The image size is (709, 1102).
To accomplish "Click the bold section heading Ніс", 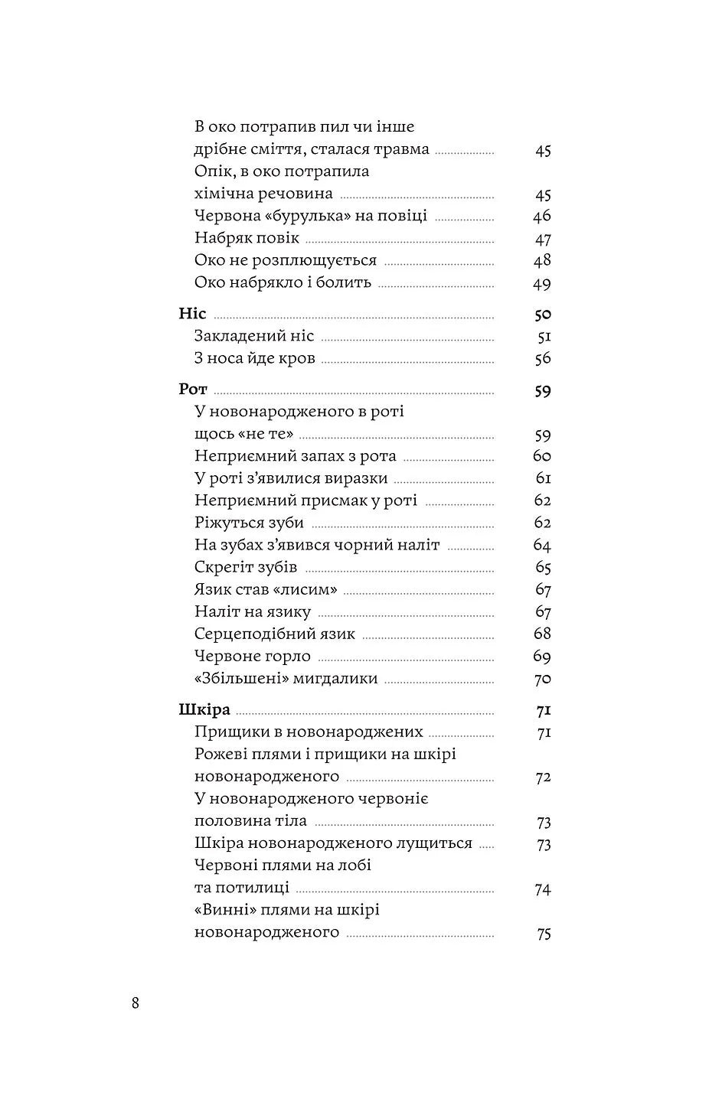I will [193, 314].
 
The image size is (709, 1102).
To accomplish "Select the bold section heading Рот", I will [193, 390].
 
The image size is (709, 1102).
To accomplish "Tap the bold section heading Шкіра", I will [204, 709].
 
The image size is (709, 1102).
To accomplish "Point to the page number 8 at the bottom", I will [136, 1003].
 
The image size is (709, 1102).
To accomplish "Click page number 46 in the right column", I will [542, 217].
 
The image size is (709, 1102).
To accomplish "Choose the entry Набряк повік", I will [247, 238].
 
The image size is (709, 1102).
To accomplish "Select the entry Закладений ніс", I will [254, 336].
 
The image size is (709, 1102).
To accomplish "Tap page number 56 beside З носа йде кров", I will [542, 359].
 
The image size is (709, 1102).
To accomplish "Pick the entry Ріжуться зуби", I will [249, 523].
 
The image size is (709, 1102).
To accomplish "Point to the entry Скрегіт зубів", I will [246, 567].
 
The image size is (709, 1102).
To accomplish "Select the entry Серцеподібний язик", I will [275, 634].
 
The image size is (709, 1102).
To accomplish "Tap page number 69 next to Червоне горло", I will [542, 657].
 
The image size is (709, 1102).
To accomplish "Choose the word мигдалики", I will [335, 678].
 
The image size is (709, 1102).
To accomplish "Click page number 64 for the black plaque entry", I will [542, 546].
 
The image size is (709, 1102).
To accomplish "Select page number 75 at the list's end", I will [544, 934].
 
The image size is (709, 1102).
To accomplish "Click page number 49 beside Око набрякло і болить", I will [542, 284].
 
